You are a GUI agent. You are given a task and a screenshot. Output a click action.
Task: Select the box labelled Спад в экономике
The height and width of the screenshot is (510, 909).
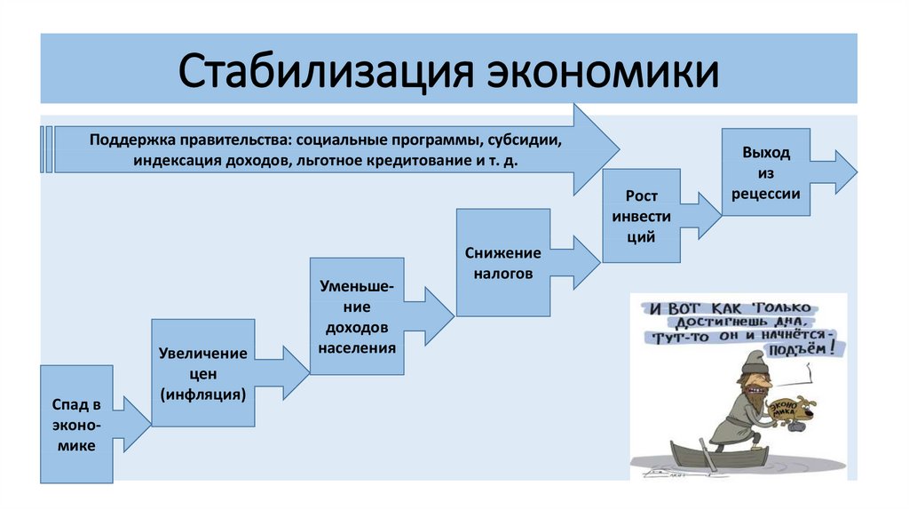(x=76, y=424)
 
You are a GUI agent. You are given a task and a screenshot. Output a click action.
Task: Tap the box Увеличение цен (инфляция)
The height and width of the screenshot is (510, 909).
(x=202, y=372)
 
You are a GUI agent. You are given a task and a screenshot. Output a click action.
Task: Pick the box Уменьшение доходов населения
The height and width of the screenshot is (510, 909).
(x=356, y=315)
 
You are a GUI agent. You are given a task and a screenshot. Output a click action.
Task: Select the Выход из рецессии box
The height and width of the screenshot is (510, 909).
(x=766, y=172)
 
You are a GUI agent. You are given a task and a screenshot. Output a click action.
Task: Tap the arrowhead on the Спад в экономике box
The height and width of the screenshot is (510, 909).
(x=132, y=425)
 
